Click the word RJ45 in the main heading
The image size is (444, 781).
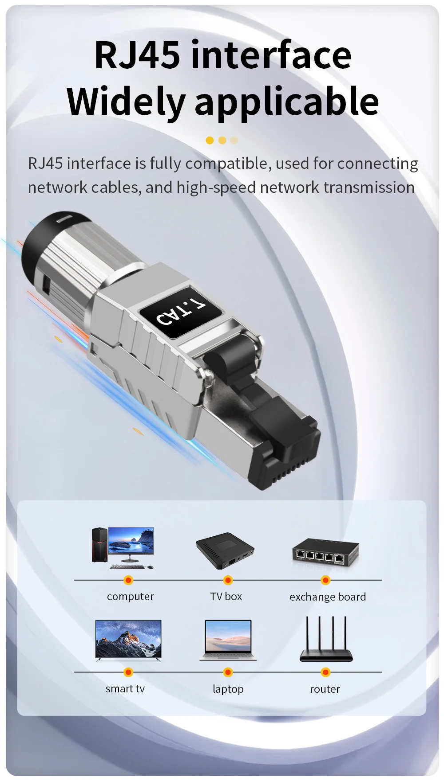click(x=137, y=55)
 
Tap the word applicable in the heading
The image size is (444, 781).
click(x=286, y=102)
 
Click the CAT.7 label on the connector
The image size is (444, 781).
click(x=181, y=311)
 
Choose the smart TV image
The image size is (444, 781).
click(x=128, y=640)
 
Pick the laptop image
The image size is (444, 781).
click(x=228, y=640)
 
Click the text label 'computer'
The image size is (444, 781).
click(x=131, y=597)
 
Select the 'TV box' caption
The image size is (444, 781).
click(x=226, y=596)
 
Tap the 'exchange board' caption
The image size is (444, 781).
click(x=328, y=597)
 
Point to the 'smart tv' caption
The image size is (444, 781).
click(x=125, y=688)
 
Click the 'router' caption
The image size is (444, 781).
click(x=325, y=689)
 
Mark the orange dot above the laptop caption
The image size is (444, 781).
click(x=228, y=672)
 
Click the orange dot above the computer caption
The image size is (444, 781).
click(x=128, y=580)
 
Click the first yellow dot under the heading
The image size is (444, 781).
click(x=210, y=141)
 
